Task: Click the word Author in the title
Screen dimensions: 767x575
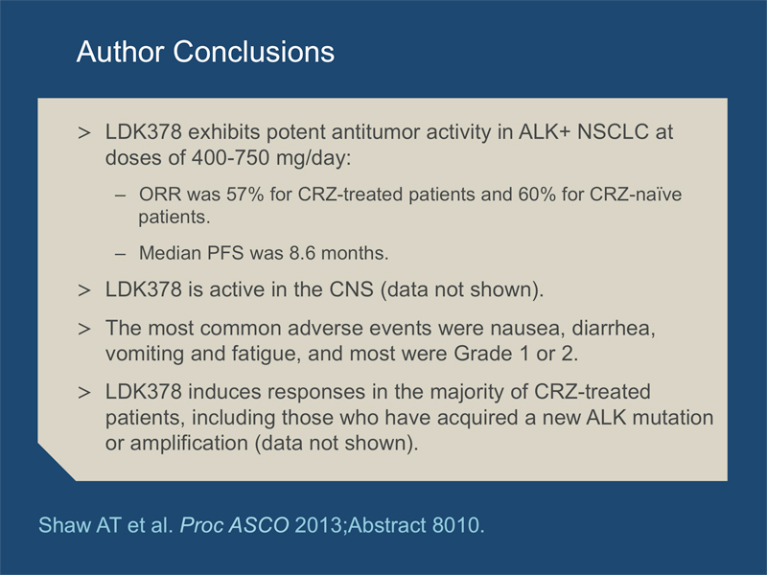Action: tap(120, 52)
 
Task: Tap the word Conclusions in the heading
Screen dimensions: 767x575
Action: tap(254, 52)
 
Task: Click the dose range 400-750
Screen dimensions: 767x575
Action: tap(230, 158)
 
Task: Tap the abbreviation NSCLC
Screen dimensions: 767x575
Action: tap(613, 132)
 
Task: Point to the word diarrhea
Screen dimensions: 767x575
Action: tap(614, 328)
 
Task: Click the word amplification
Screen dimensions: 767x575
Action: tap(189, 443)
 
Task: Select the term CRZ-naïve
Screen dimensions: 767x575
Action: tap(636, 195)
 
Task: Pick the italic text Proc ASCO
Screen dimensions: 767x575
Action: tap(234, 525)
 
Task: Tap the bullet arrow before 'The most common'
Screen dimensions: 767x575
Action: tap(84, 328)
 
